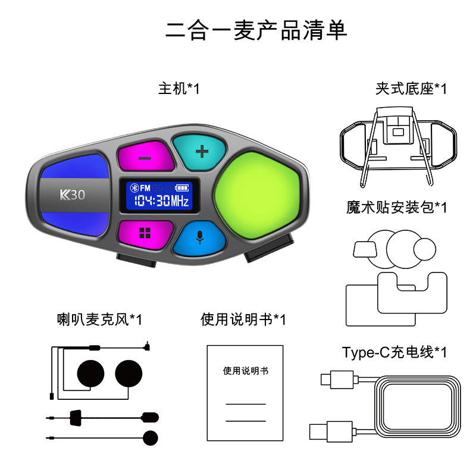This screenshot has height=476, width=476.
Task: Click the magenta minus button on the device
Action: pos(143,158)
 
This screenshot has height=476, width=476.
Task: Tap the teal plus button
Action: pos(202,151)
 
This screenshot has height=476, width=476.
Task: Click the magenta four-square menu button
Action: pos(143,233)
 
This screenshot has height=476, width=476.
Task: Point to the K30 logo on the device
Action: pos(72,195)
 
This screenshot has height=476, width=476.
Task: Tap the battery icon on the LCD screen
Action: pos(180,187)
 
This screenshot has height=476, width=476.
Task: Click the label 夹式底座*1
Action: pos(411,89)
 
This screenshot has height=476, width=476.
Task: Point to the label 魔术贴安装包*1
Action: pos(396,207)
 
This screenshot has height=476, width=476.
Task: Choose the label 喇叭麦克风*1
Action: pos(99,320)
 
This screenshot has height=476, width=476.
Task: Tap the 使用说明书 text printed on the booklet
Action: pos(246,371)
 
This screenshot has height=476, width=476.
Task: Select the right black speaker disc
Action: pos(130,373)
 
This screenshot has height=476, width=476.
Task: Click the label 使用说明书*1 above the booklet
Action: pos(243,320)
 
